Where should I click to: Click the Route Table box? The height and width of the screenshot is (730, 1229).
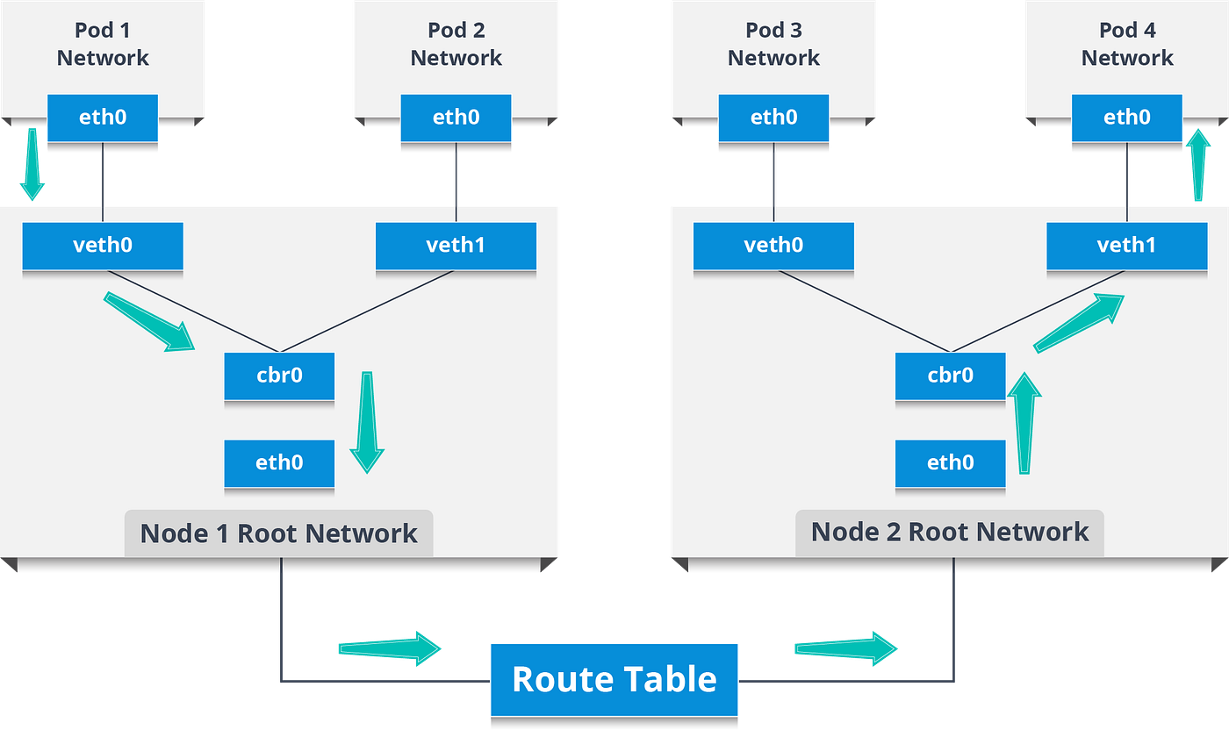[614, 680]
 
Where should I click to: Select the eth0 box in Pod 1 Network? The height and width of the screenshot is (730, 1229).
[103, 117]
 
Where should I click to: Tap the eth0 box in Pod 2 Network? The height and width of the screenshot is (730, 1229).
[456, 117]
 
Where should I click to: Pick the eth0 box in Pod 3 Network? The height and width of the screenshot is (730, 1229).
[773, 117]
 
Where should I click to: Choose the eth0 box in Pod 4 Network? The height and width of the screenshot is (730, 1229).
[1126, 117]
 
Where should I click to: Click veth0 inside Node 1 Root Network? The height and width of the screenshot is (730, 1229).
[103, 245]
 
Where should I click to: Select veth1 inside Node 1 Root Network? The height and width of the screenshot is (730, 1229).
[456, 245]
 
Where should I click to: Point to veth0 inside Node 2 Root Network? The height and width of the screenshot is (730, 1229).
[773, 245]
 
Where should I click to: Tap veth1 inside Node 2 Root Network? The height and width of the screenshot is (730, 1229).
[1126, 245]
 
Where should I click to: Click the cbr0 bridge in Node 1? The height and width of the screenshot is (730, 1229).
[279, 376]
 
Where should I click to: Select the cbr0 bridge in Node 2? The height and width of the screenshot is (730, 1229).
[950, 376]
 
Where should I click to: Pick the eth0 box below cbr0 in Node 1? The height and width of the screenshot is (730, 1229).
[279, 462]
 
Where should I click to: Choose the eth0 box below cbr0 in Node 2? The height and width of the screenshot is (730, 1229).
[950, 462]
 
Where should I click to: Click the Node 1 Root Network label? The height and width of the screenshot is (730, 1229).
[278, 533]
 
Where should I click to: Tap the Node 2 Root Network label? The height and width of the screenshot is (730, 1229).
[949, 532]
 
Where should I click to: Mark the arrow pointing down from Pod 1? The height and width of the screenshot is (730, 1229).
[32, 165]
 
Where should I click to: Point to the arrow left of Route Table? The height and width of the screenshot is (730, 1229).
[389, 648]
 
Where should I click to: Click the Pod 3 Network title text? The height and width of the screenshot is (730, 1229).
[773, 44]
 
